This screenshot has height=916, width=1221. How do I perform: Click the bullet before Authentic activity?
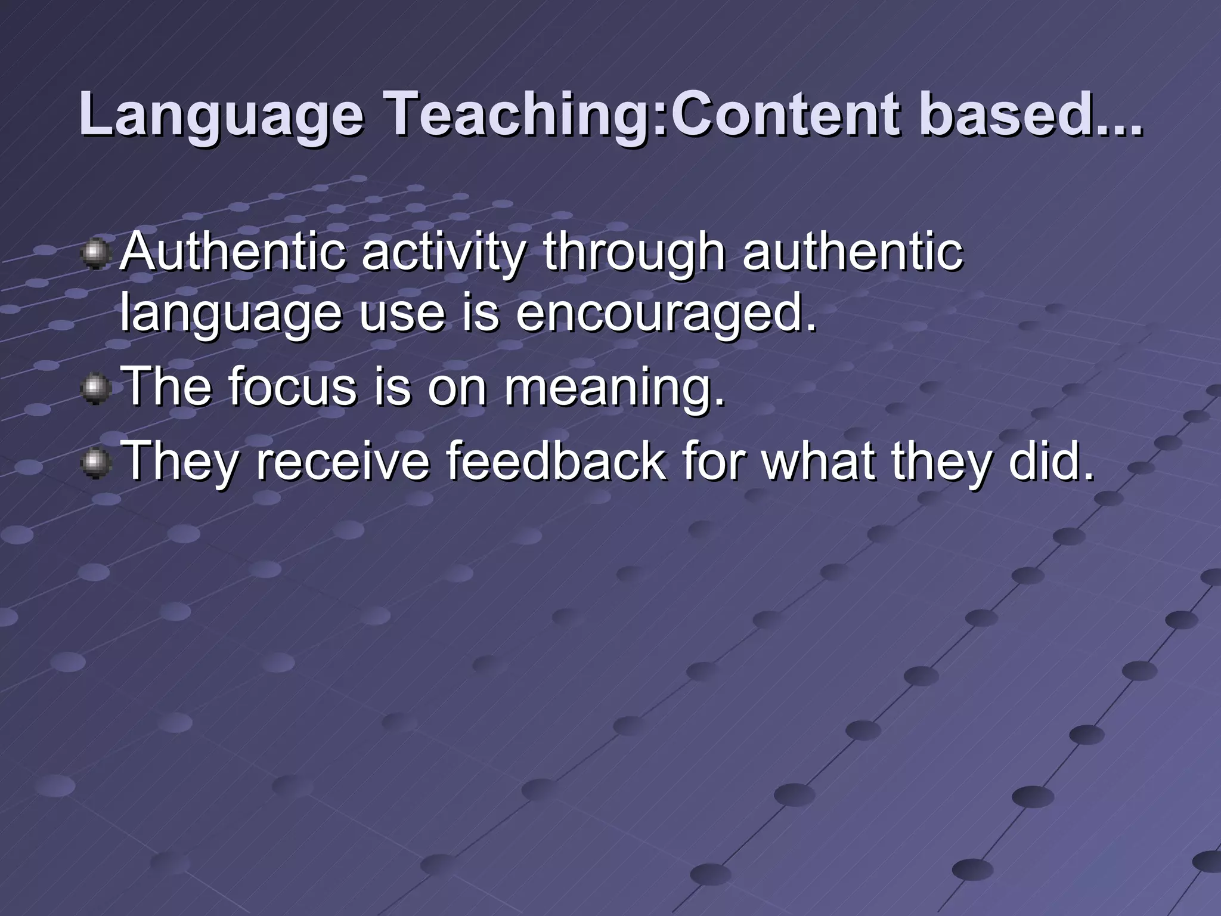pyautogui.click(x=95, y=255)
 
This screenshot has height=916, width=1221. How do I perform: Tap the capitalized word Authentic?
pyautogui.click(x=233, y=252)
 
